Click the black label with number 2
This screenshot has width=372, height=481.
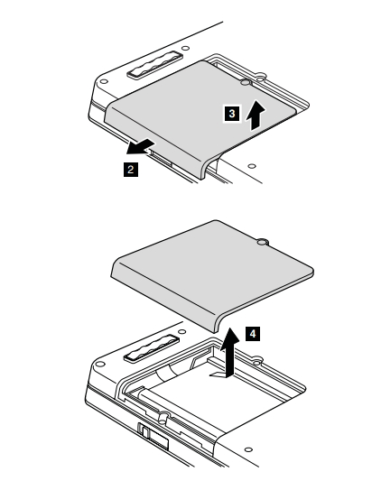pyautogui.click(x=131, y=170)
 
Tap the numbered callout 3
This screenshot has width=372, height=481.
pyautogui.click(x=232, y=114)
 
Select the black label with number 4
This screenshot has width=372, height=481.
pyautogui.click(x=253, y=333)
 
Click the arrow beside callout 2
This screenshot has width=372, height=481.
pyautogui.click(x=140, y=146)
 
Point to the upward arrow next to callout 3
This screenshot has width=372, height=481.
pyautogui.click(x=255, y=116)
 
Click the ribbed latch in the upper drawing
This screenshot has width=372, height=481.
pyautogui.click(x=155, y=64)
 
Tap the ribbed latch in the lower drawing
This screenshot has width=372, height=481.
pyautogui.click(x=152, y=348)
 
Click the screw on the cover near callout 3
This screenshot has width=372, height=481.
pyautogui.click(x=246, y=82)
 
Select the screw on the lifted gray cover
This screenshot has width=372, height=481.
pyautogui.click(x=262, y=243)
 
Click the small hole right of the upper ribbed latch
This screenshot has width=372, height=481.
pyautogui.click(x=185, y=48)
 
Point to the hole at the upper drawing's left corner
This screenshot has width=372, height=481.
pyautogui.click(x=104, y=81)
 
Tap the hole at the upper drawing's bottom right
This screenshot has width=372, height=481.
pyautogui.click(x=252, y=166)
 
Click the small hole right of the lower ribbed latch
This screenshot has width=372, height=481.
pyautogui.click(x=182, y=331)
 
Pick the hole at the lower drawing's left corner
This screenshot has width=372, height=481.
pyautogui.click(x=100, y=364)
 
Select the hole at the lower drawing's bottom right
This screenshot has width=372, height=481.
pyautogui.click(x=248, y=449)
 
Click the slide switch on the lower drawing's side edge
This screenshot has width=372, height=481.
pyautogui.click(x=144, y=430)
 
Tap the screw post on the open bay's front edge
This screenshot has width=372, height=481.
pyautogui.click(x=163, y=417)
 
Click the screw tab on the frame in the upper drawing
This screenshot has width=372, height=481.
pyautogui.click(x=261, y=76)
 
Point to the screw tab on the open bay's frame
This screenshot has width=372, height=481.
pyautogui.click(x=257, y=359)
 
